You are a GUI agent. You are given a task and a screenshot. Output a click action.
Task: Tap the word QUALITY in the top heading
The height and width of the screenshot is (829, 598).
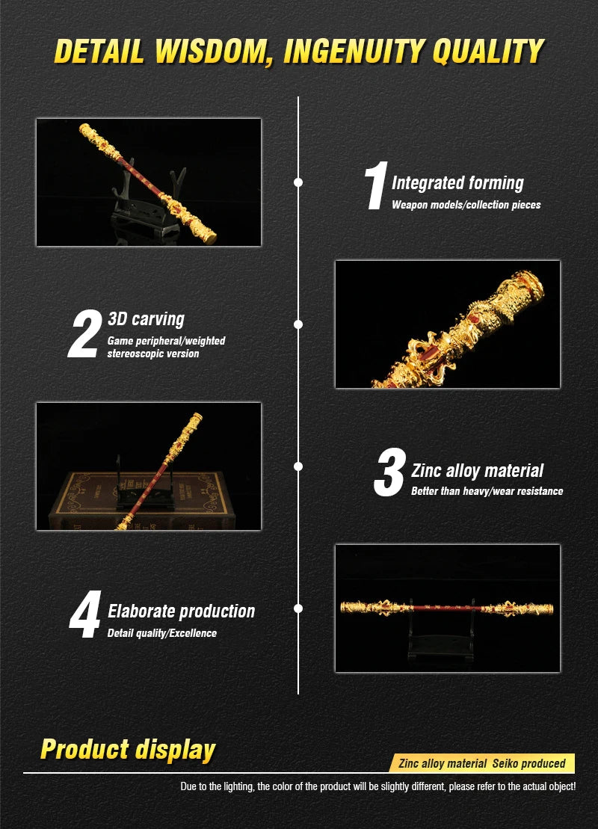tap(487, 52)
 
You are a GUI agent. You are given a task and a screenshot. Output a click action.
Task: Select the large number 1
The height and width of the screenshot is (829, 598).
tap(376, 185)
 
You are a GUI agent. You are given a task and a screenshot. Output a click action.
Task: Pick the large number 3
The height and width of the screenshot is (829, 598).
tap(390, 472)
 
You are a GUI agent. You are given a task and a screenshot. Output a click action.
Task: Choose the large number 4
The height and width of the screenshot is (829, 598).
tap(85, 614)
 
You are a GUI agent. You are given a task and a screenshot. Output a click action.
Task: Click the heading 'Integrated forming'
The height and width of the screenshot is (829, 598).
tap(457, 183)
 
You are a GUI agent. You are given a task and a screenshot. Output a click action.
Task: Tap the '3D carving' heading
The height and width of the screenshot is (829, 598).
tap(146, 319)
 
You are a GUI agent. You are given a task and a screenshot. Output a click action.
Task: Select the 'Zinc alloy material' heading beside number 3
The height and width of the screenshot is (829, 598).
tap(478, 470)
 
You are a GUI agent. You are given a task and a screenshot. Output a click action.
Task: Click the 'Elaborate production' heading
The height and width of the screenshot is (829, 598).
tap(182, 611)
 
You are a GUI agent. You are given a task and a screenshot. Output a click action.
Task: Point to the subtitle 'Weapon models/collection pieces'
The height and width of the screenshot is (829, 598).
tap(466, 205)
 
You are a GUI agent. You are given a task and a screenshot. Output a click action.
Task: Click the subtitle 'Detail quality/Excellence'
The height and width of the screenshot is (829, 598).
tap(161, 633)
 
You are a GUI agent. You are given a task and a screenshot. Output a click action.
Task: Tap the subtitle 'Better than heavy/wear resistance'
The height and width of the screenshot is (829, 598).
tap(487, 491)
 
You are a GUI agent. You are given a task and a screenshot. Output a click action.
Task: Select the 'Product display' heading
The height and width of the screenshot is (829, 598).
tap(128, 750)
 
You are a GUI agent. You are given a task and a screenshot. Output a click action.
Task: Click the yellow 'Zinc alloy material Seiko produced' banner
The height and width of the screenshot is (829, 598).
tap(481, 763)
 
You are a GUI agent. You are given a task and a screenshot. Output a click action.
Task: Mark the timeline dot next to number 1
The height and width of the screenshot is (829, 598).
tap(298, 182)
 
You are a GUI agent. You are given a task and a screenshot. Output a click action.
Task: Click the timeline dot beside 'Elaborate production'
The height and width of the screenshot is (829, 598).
tap(298, 608)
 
